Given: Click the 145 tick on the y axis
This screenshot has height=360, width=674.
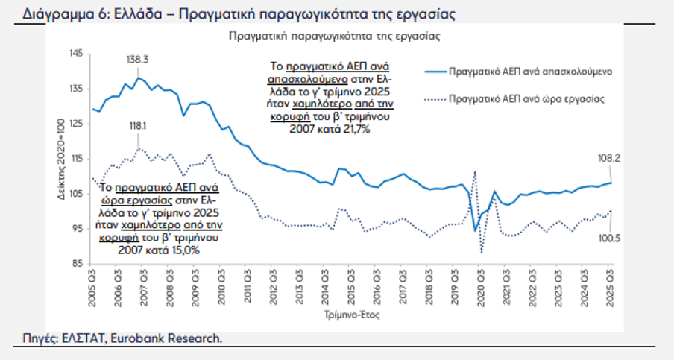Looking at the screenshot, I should tap(75, 54).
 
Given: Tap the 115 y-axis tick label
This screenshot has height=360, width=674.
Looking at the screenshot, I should tap(75, 159).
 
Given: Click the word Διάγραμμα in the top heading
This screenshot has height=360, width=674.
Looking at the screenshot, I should tap(57, 14).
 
